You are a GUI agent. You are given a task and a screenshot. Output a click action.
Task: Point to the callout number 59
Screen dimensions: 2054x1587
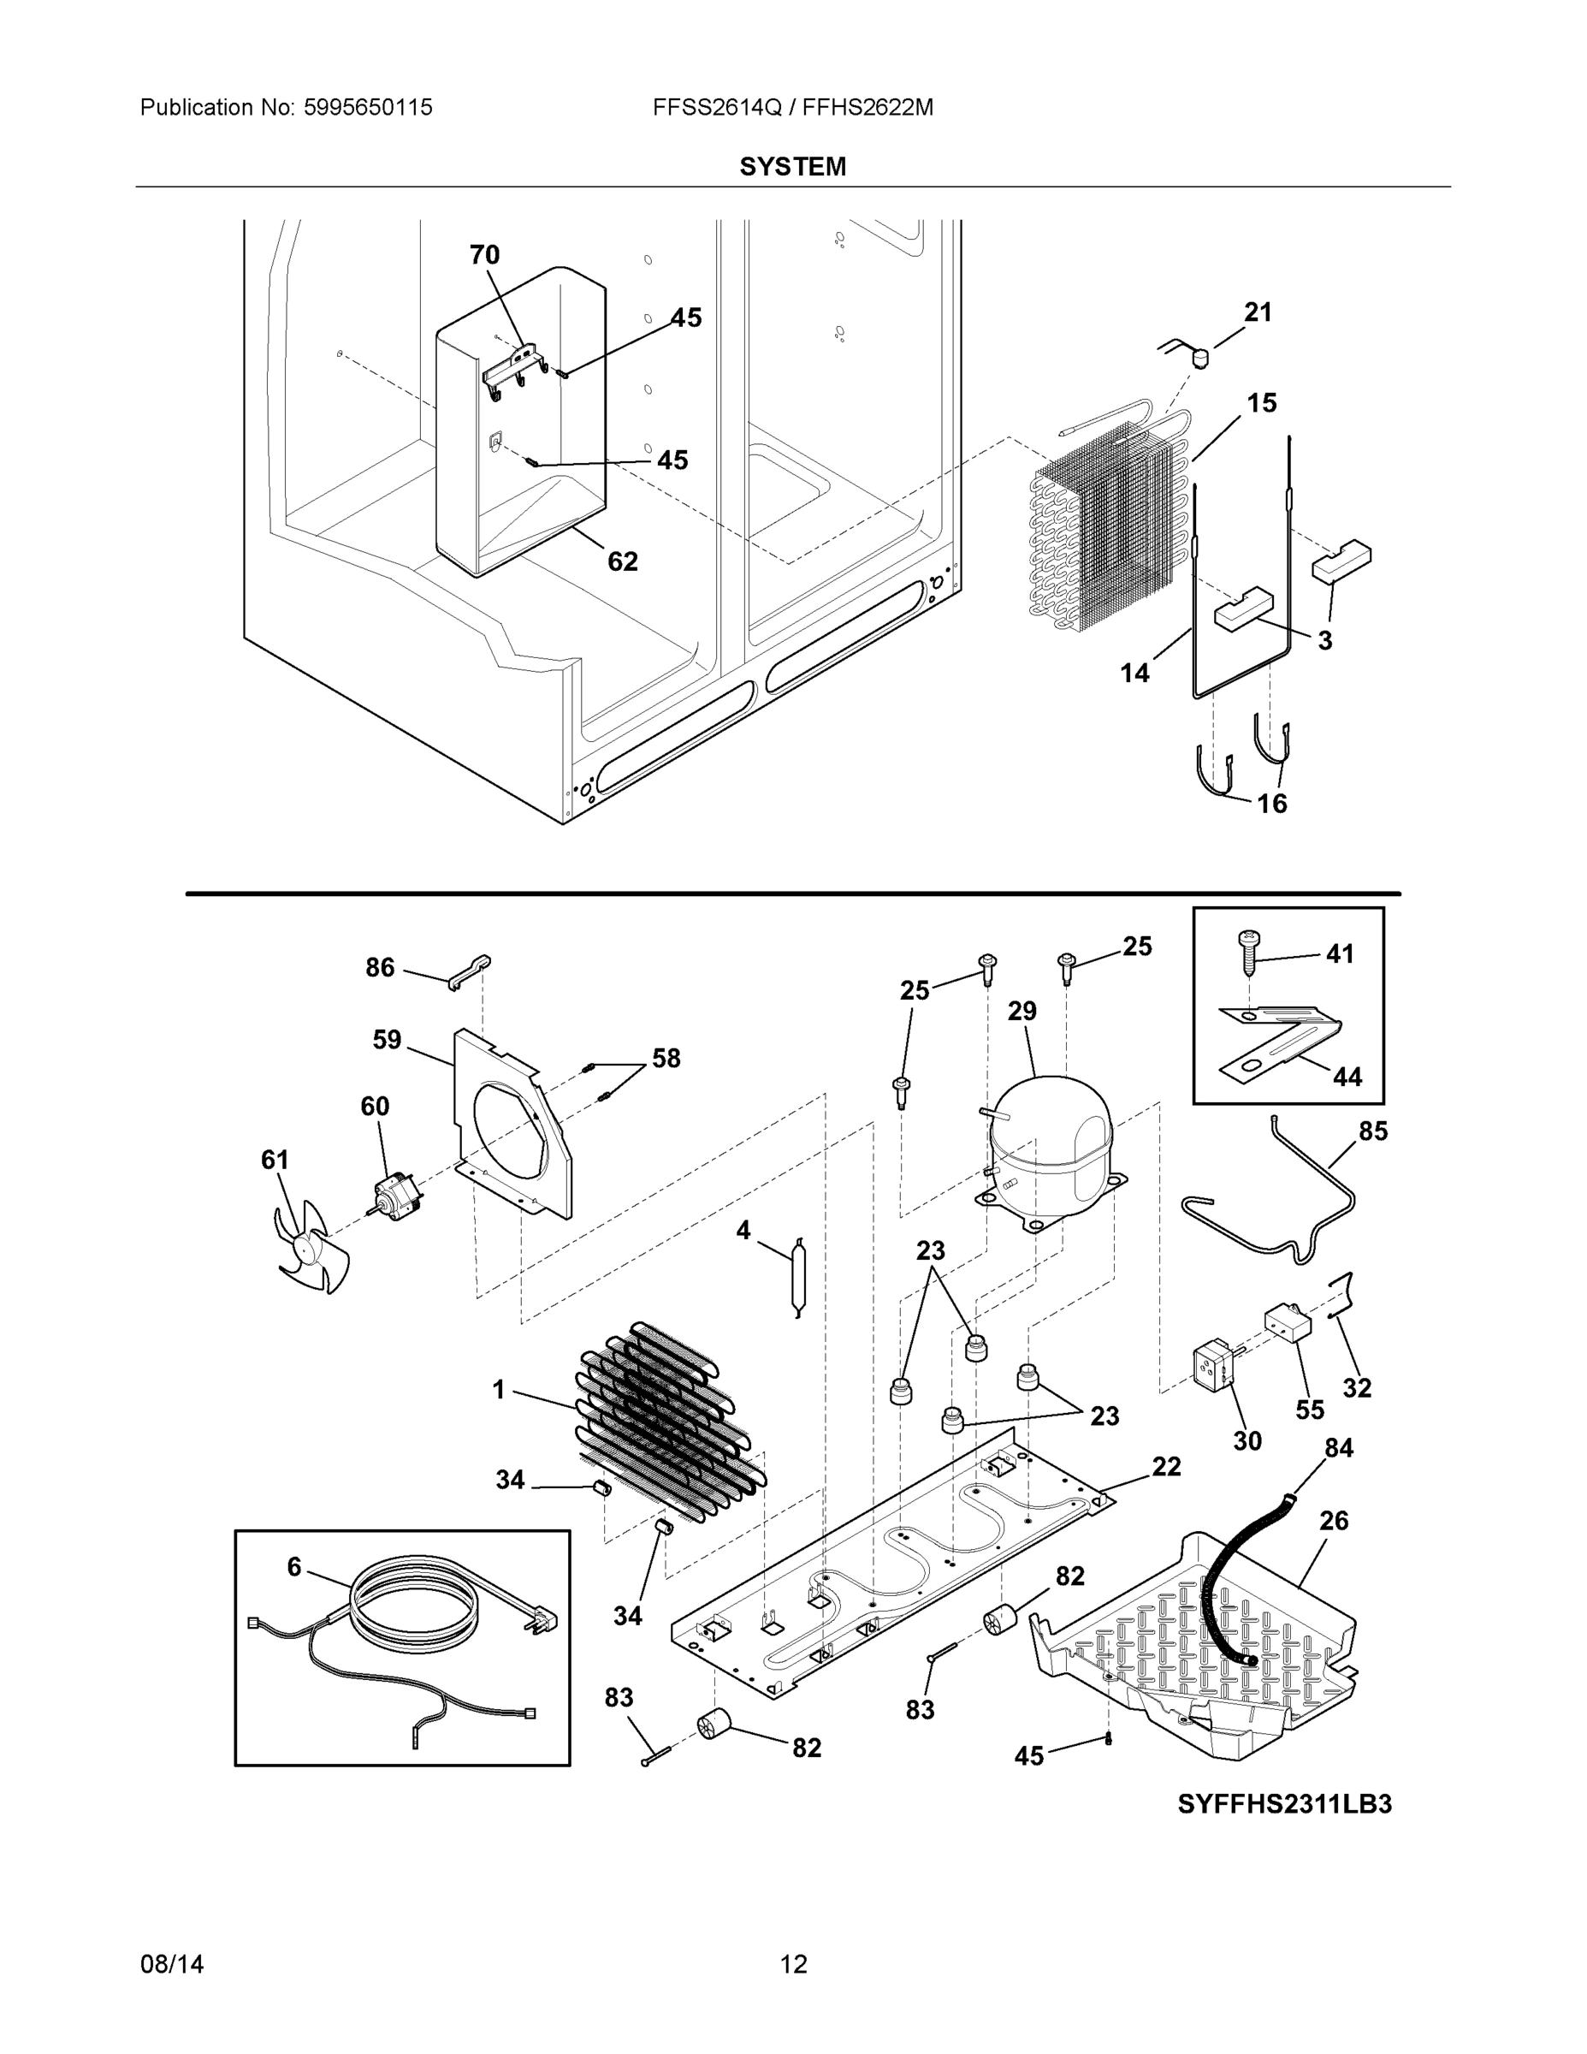[387, 1039]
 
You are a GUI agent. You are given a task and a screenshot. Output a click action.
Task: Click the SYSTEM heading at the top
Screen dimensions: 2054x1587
[792, 167]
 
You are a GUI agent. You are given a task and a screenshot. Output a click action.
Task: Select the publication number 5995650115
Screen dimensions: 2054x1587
[368, 107]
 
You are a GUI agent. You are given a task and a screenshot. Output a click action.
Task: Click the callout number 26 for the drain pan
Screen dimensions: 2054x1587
[1333, 1520]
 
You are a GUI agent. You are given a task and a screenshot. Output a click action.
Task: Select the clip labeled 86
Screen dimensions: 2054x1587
[470, 971]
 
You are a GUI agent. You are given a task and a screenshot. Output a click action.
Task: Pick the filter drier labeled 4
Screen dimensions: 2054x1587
[797, 1277]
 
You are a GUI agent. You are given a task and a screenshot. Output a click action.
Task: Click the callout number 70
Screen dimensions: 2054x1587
[484, 255]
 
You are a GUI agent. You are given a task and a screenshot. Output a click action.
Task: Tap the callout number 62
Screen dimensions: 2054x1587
[622, 561]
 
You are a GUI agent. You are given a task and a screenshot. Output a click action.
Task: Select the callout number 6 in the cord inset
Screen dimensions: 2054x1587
[294, 1566]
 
